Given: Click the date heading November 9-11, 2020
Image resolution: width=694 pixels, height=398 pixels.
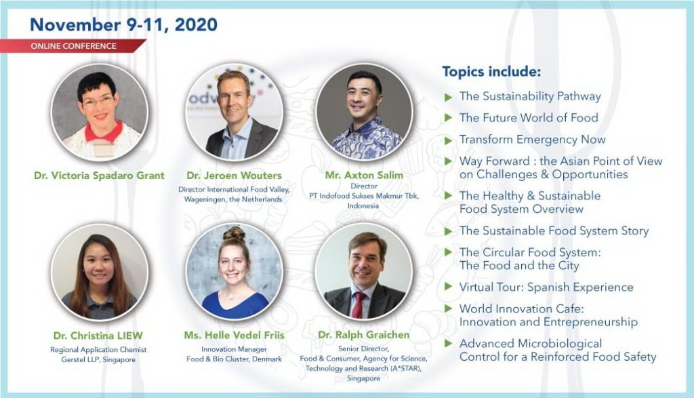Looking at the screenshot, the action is (123, 24).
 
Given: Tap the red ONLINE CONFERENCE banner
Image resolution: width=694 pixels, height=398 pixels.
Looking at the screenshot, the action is (73, 46).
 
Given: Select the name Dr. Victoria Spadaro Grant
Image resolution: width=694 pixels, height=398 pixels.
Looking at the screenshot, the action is (99, 176).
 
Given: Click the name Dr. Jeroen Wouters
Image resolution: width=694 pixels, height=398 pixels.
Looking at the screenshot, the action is (234, 176).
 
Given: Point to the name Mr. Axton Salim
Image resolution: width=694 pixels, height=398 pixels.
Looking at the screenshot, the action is (364, 175).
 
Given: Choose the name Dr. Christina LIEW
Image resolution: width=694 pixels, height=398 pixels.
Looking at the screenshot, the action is (98, 336).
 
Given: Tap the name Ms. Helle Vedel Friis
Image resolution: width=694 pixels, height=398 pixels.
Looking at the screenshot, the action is (234, 335).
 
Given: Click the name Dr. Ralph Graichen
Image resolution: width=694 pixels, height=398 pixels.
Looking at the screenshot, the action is (364, 335).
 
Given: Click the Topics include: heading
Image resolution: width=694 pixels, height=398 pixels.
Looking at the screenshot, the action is (491, 71).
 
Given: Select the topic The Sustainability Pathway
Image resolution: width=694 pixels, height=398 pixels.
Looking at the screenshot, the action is (530, 96).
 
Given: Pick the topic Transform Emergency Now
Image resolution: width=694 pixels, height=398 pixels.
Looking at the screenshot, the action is (532, 140).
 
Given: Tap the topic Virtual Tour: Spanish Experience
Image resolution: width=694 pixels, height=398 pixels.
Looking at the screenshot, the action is (546, 287).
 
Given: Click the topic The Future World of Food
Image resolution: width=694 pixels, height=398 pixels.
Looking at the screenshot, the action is (529, 118).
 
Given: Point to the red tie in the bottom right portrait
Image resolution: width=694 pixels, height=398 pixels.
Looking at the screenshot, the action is (358, 304).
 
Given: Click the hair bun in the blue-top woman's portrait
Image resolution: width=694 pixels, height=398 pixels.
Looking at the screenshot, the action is (234, 234).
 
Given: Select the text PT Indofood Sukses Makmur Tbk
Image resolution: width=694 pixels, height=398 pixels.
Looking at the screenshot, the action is (364, 196).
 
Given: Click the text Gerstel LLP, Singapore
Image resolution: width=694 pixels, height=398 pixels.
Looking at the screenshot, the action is (98, 359).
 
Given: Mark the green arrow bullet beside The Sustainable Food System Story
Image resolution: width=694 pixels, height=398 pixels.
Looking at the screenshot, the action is (448, 231).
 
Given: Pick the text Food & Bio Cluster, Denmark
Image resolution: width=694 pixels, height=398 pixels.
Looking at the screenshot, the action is (234, 359).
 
